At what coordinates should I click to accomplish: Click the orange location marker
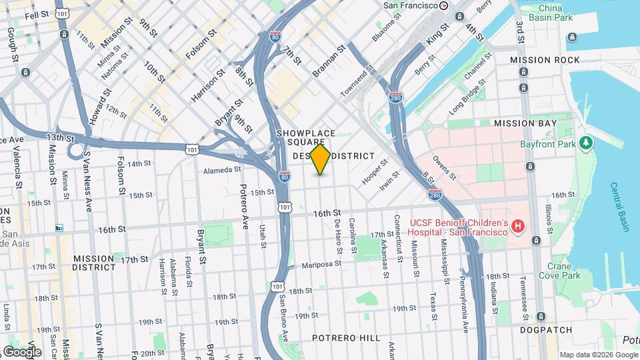click(x=321, y=159)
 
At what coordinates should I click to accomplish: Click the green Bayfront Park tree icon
click(x=586, y=143)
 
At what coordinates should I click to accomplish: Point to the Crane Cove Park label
click(x=555, y=271)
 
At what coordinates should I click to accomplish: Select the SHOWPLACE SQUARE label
click(x=306, y=138)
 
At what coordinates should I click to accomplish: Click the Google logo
click(x=22, y=351)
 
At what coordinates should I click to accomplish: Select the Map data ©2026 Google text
click(x=597, y=354)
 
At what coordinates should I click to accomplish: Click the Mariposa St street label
click(x=321, y=263)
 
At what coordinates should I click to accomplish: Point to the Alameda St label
click(x=222, y=170)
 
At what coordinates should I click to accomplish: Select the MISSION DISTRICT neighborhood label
click(x=93, y=263)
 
